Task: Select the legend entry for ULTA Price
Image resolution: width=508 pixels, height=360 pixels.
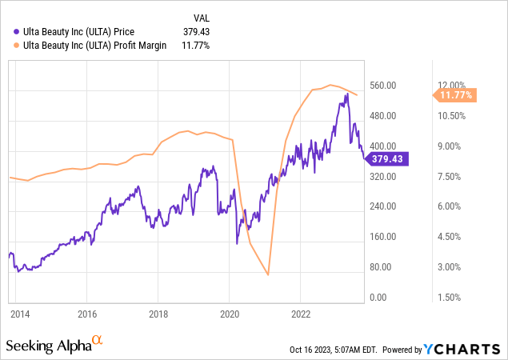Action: (90, 31)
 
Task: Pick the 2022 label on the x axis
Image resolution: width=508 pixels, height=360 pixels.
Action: (301, 313)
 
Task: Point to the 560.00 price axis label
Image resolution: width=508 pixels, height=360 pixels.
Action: (384, 86)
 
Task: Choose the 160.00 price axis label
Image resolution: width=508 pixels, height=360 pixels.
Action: (384, 237)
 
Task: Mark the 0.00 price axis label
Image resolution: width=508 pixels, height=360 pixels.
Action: (390, 298)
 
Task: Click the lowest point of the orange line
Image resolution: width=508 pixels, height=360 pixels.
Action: (268, 275)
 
